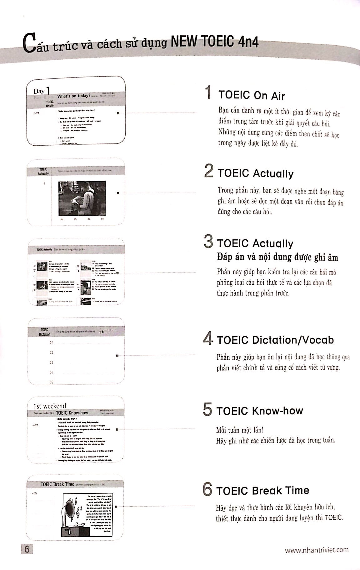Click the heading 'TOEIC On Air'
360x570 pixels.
251,95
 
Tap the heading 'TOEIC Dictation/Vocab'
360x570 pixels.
275,340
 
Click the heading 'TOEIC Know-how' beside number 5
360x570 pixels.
259,411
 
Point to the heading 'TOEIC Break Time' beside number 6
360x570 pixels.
262,490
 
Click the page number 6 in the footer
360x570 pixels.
27,549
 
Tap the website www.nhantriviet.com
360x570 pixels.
316,550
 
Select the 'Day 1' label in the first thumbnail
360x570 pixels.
42,91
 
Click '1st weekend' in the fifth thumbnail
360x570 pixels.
50,406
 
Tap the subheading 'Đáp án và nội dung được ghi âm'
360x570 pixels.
277,257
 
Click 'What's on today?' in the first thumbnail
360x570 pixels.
74,96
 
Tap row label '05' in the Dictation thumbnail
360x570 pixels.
51,382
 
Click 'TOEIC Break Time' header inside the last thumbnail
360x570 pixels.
57,484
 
